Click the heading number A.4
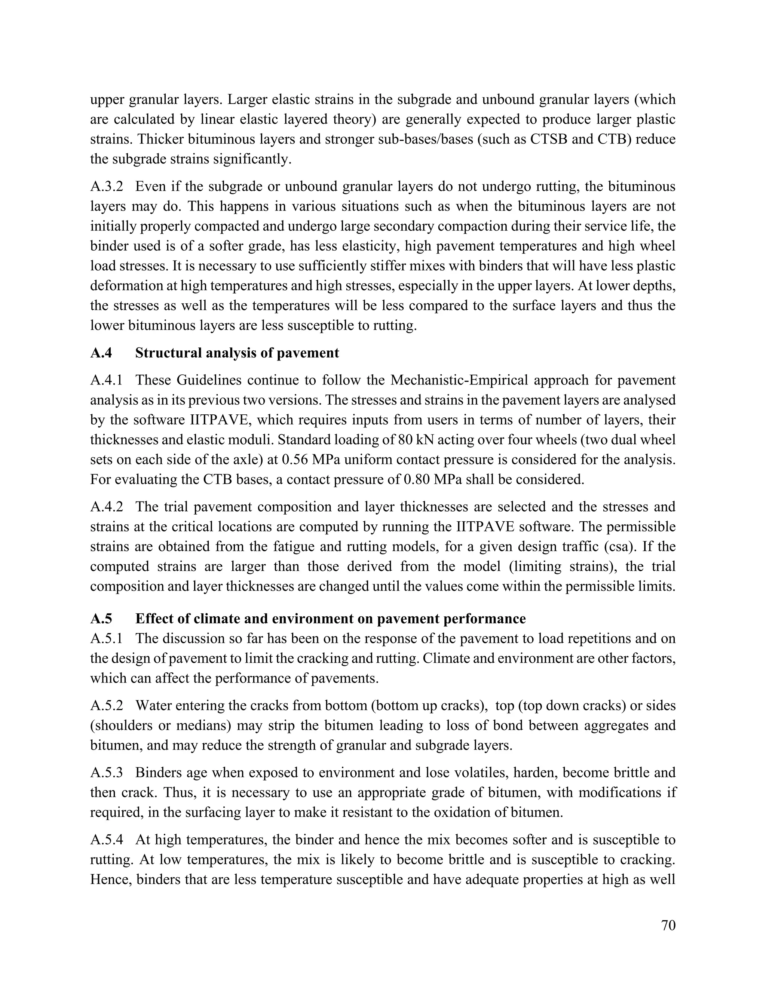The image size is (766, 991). (x=101, y=353)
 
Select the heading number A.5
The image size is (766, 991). (x=101, y=619)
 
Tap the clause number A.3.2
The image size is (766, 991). (x=106, y=187)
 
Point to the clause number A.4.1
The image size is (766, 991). (x=106, y=380)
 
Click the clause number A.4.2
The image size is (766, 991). (x=106, y=507)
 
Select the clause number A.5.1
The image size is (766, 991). (x=106, y=639)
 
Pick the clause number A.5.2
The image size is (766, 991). (x=106, y=706)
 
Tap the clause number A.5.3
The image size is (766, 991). (x=106, y=772)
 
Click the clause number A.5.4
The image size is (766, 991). (x=106, y=840)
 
